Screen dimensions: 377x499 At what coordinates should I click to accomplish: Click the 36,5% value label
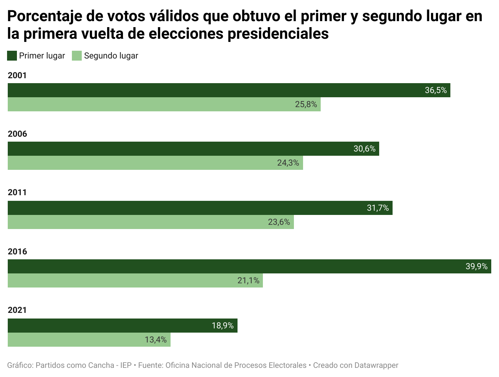pyautogui.click(x=436, y=90)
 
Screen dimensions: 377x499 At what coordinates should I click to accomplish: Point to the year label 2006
pyautogui.click(x=17, y=134)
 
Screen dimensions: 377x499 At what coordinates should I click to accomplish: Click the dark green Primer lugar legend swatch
pyautogui.click(x=12, y=56)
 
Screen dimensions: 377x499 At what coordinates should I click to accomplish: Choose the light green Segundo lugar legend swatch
pyautogui.click(x=77, y=56)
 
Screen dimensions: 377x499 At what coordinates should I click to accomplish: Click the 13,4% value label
pyautogui.click(x=155, y=340)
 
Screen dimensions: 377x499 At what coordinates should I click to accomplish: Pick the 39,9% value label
pyautogui.click(x=476, y=266)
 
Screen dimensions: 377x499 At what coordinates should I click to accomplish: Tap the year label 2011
pyautogui.click(x=17, y=192)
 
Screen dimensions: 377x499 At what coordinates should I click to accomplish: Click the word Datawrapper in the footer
pyautogui.click(x=376, y=365)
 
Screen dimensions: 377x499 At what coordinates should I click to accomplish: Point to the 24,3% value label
pyautogui.click(x=288, y=163)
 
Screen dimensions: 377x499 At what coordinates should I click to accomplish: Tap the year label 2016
pyautogui.click(x=17, y=252)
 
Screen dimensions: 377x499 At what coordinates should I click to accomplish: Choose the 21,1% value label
pyautogui.click(x=248, y=280)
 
